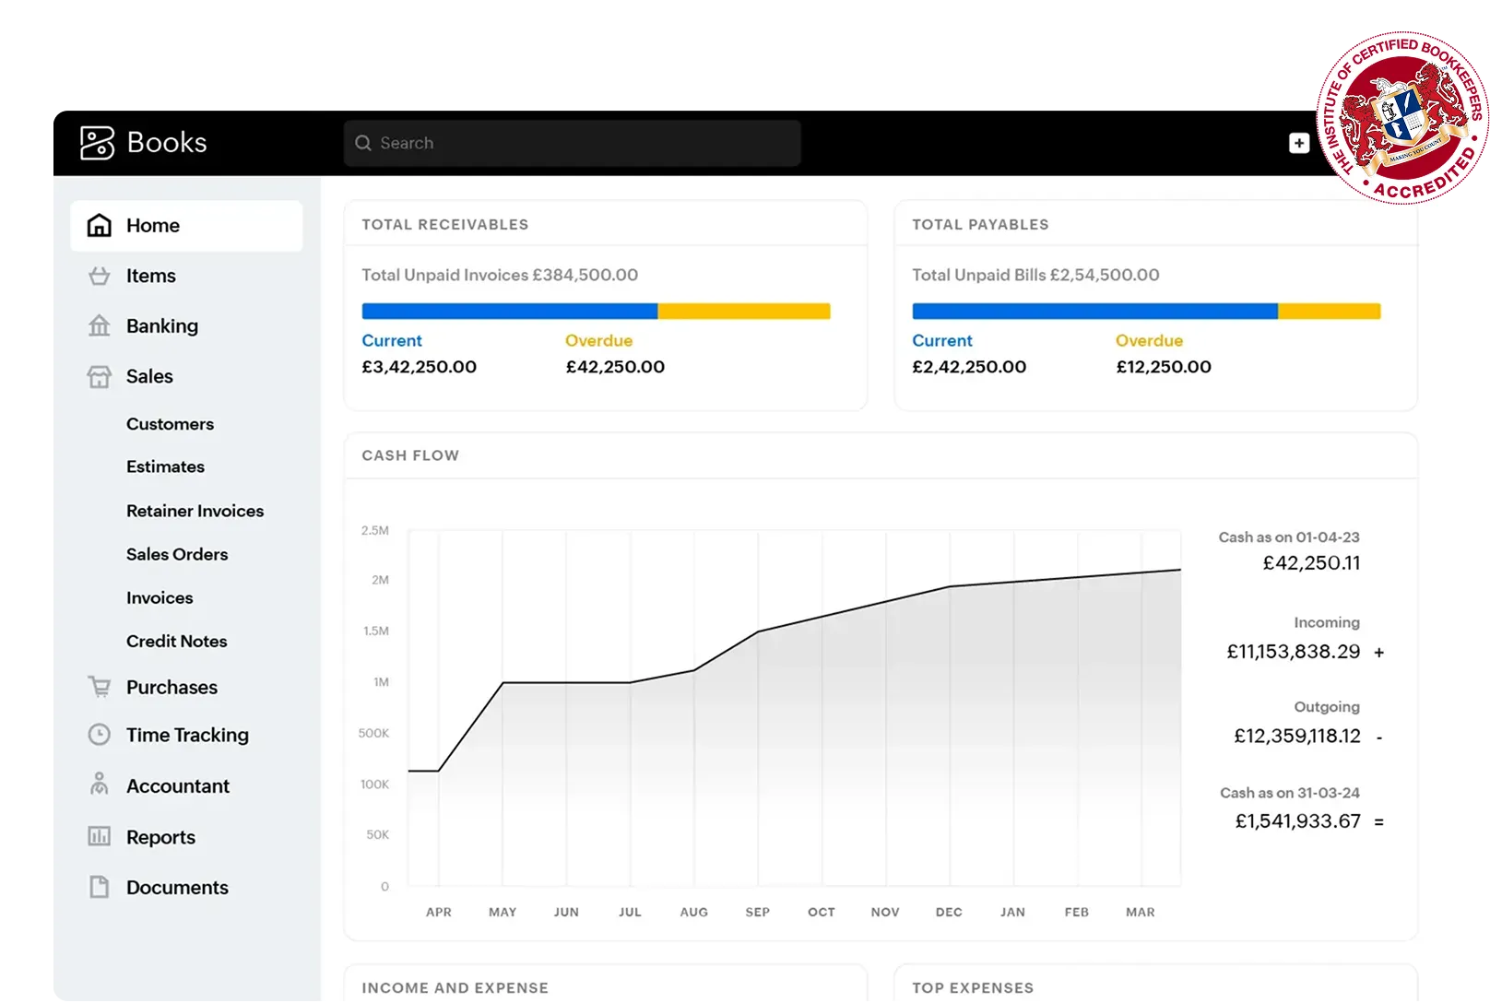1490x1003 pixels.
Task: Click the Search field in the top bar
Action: coord(572,143)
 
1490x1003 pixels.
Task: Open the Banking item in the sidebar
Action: coord(161,326)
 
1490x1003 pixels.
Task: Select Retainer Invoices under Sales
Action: coord(195,511)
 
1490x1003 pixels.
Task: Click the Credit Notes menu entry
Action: coord(176,642)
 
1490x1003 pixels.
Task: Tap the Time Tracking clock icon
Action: coord(99,735)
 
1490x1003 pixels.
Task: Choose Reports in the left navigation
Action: coord(160,837)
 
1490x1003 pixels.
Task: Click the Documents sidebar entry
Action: coord(176,888)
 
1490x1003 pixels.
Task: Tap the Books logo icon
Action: coord(97,143)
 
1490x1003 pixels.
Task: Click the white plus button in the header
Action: coord(1298,143)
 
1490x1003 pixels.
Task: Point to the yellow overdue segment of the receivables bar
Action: coord(743,312)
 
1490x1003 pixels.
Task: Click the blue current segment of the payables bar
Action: coord(1094,312)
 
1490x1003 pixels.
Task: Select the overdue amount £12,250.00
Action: coord(1164,367)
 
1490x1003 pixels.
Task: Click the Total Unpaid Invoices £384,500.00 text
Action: coord(500,275)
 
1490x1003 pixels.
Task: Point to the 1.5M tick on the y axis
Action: coord(376,631)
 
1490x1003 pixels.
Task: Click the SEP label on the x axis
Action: coord(757,912)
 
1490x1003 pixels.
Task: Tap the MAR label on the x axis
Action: coord(1140,912)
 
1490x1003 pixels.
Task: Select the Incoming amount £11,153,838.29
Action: coord(1293,652)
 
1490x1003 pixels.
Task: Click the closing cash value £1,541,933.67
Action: coord(1297,821)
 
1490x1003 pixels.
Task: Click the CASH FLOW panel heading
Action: coord(410,455)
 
